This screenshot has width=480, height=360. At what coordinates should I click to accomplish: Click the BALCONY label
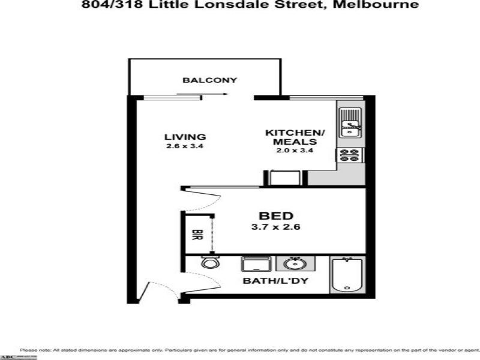[x=210, y=80]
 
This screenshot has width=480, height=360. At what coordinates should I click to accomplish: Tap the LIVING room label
[x=185, y=137]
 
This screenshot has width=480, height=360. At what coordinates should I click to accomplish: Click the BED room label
[x=275, y=215]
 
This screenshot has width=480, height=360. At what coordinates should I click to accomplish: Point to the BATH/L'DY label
[x=275, y=280]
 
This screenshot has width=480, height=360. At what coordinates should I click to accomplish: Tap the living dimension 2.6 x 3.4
[x=185, y=146]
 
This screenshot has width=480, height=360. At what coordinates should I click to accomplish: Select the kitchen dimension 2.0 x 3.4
[x=295, y=151]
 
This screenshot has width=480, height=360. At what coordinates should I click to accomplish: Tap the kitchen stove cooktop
[x=349, y=155]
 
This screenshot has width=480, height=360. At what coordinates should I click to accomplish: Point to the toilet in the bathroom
[x=209, y=263]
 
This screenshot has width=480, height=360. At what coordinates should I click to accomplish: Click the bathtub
[x=346, y=275]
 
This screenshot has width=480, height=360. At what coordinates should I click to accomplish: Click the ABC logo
[x=7, y=356]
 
